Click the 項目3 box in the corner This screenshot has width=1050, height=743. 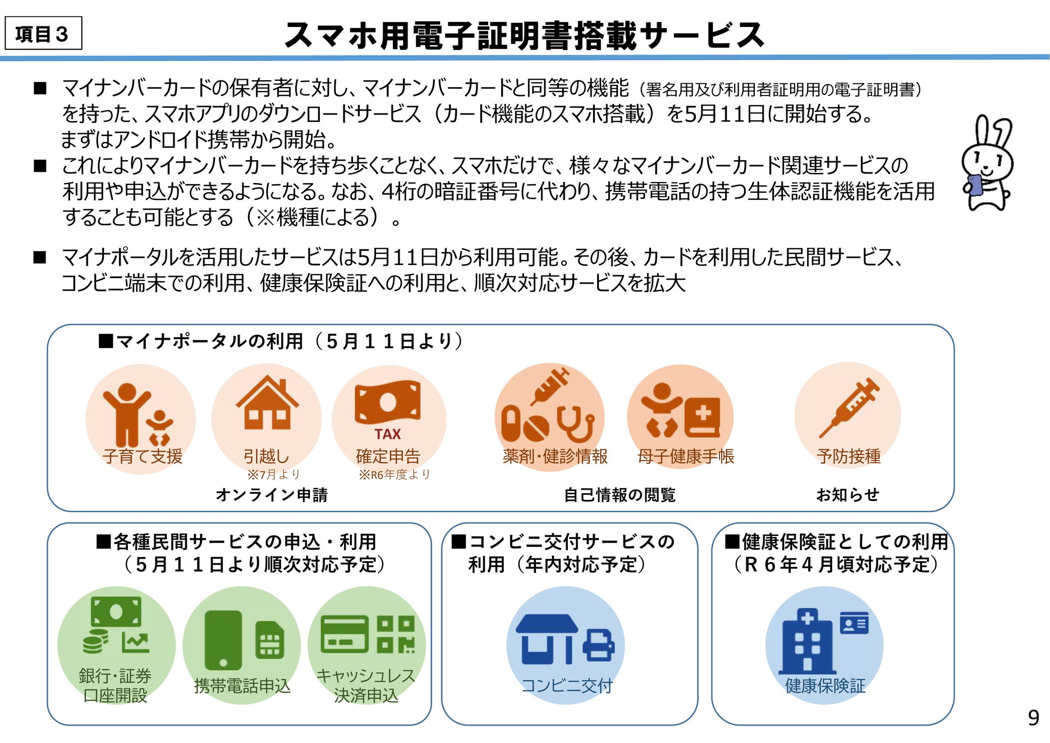[43, 34]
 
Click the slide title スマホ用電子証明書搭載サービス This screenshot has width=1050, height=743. [524, 35]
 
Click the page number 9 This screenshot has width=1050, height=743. [1033, 718]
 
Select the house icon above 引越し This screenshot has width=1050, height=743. [267, 403]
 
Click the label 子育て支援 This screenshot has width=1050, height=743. [143, 456]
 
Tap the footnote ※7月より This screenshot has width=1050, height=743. [274, 475]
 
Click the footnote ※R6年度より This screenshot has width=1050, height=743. [395, 475]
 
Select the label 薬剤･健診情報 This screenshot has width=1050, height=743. [555, 456]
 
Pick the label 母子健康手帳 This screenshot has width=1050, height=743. [686, 456]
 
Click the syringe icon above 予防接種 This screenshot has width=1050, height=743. [849, 407]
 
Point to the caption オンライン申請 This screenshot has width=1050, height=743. [272, 495]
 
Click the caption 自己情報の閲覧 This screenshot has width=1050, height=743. [620, 495]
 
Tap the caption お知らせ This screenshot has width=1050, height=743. [847, 495]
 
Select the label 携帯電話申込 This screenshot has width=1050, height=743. [242, 686]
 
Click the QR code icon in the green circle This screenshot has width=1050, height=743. [396, 635]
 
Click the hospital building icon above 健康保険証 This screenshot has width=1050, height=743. [807, 641]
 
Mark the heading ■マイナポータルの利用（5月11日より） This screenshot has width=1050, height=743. [281, 341]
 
